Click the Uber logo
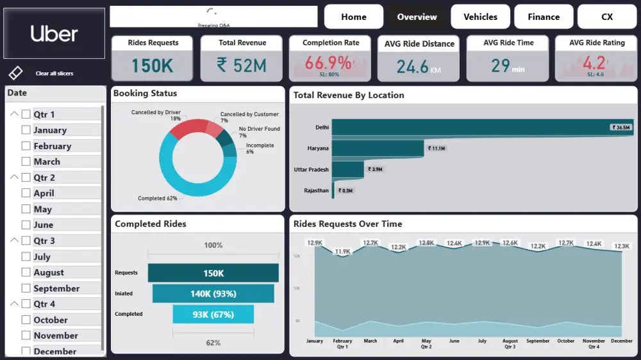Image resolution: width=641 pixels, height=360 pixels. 54,34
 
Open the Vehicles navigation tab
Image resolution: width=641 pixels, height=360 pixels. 480,17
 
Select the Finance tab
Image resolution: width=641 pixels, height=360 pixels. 544,17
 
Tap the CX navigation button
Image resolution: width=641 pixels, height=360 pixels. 606,17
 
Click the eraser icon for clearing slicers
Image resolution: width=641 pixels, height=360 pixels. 16,73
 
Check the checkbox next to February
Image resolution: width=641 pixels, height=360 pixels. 26,146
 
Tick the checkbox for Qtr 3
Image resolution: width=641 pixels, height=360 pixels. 26,241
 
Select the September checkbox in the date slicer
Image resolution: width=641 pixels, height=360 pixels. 26,288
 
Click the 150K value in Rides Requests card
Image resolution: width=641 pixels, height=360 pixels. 153,65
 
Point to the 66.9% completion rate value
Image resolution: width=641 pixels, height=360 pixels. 328,63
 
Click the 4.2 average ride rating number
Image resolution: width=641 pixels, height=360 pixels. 594,63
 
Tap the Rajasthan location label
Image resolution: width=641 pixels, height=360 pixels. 316,190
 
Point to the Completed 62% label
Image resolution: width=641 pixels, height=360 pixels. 157,199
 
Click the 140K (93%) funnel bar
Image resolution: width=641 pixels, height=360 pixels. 213,293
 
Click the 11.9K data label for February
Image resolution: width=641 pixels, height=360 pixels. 342,252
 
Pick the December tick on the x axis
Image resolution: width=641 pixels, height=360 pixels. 621,341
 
